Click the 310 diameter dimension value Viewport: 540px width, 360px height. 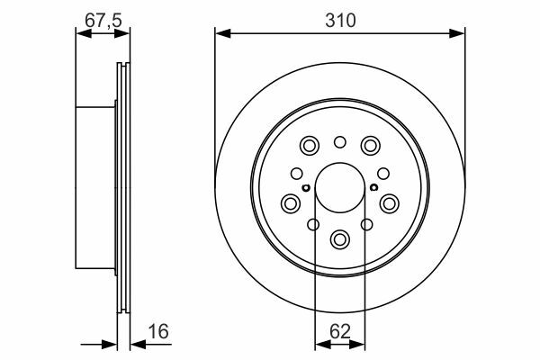[x=340, y=21]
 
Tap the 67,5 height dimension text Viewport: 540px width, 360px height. [x=103, y=21]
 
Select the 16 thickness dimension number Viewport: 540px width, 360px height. [x=158, y=331]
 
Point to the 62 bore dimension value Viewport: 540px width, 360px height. [x=340, y=331]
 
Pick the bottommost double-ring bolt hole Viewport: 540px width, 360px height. [x=340, y=238]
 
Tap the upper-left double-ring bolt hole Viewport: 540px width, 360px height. [x=310, y=146]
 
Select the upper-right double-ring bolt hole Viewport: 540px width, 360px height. [x=371, y=146]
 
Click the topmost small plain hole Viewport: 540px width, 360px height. [x=340, y=142]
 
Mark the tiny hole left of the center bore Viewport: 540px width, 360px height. [x=305, y=188]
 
